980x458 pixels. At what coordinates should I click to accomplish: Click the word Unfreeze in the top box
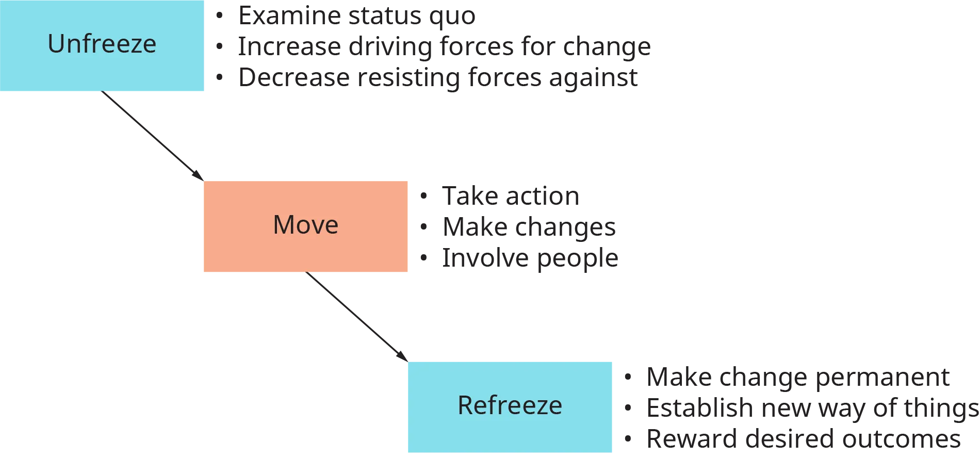tap(102, 44)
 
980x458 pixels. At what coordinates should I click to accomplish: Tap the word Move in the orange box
tap(305, 225)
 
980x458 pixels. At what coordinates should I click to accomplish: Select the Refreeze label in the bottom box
tap(510, 405)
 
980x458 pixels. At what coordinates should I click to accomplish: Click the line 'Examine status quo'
tap(358, 15)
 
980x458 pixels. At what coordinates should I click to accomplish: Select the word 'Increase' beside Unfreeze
tap(288, 47)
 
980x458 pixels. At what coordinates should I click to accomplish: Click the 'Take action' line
tap(511, 197)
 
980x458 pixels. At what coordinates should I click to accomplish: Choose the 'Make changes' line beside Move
tap(529, 227)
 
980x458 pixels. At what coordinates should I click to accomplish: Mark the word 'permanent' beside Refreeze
tap(884, 378)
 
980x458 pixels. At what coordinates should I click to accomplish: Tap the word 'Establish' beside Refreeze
tap(701, 408)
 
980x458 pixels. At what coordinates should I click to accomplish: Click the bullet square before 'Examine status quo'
tap(219, 15)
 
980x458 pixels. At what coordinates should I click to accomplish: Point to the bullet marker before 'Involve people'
tap(423, 258)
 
